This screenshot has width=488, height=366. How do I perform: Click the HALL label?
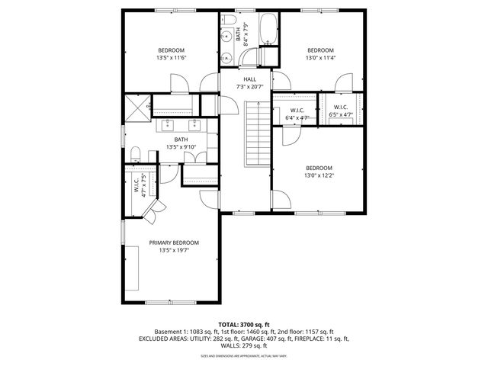pyautogui.click(x=249, y=79)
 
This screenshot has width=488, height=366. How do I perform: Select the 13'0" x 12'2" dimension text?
pyautogui.click(x=319, y=176)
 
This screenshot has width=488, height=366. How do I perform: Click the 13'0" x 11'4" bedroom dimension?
pyautogui.click(x=320, y=58)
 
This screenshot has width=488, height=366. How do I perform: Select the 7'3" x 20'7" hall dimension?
pyautogui.click(x=249, y=87)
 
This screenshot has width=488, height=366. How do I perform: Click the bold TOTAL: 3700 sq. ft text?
pyautogui.click(x=244, y=325)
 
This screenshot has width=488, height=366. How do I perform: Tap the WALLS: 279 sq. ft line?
pyautogui.click(x=244, y=345)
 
